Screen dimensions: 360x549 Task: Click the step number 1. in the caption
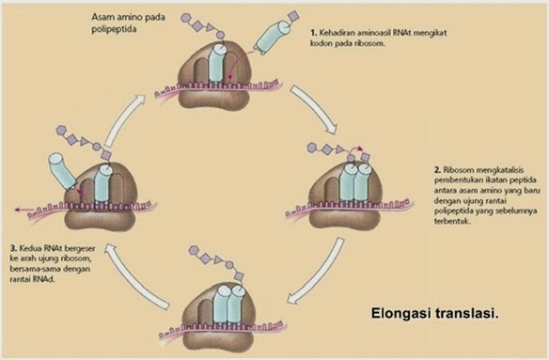314,33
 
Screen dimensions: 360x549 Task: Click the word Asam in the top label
102,16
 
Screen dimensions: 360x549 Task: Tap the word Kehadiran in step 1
341,33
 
